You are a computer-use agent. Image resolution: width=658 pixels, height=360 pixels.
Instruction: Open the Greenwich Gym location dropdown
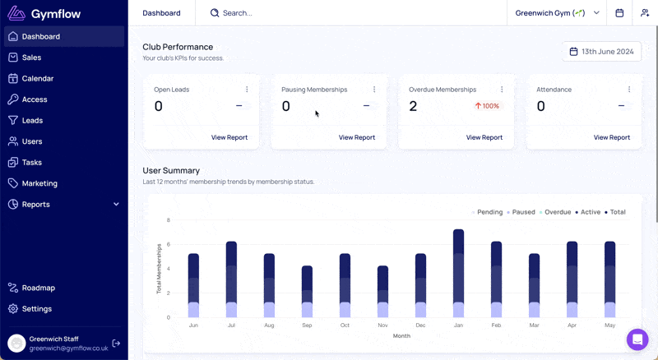pos(557,13)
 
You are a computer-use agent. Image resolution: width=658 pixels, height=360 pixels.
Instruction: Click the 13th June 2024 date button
pos(601,52)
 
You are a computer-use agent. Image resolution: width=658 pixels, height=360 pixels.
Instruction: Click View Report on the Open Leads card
pos(229,137)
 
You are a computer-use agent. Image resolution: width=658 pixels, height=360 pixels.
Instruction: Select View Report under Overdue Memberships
pos(484,137)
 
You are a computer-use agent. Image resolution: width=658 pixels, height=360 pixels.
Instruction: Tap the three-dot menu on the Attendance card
pos(629,90)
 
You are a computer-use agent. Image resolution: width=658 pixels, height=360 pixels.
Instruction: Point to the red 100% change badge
pos(487,106)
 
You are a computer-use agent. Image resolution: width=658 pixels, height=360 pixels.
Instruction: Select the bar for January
pos(458,273)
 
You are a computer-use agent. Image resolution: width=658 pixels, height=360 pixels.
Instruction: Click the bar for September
pos(307,292)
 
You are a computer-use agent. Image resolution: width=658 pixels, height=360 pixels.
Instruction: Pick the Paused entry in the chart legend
pos(521,212)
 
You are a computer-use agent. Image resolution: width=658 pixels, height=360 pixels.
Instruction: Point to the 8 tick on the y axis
pos(169,219)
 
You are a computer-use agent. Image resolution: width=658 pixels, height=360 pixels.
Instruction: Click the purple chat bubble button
pos(637,339)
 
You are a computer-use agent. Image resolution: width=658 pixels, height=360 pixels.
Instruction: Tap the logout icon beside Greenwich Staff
pos(116,344)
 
